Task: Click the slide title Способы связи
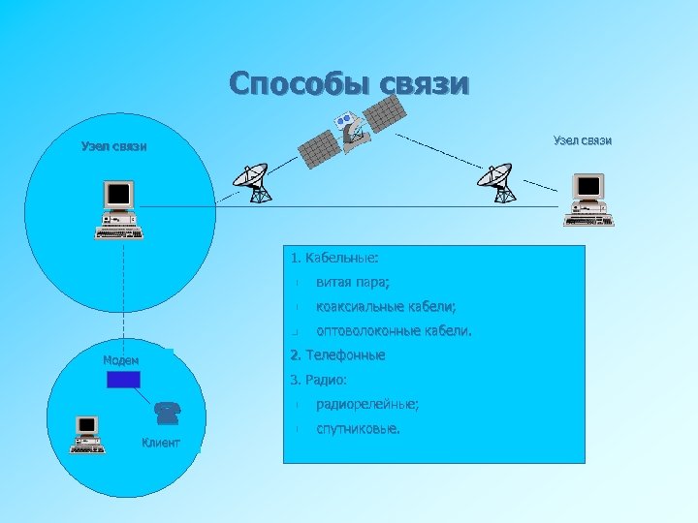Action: point(349,83)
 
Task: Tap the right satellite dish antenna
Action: point(497,183)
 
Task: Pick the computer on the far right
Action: point(587,199)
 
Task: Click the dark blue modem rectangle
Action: point(123,379)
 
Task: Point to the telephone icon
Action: point(167,414)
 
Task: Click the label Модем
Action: point(121,360)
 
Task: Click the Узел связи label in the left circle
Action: point(114,147)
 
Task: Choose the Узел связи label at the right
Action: point(583,140)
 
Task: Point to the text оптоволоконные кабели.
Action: point(394,331)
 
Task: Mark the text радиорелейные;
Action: point(367,404)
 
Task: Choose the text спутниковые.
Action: point(357,428)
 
